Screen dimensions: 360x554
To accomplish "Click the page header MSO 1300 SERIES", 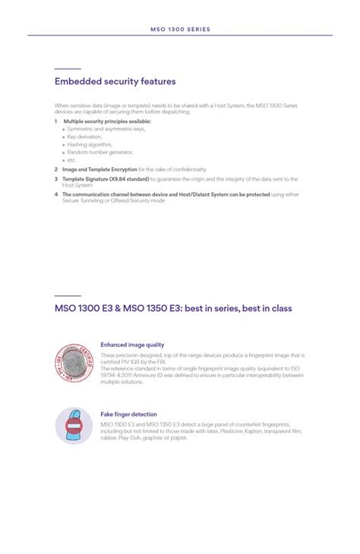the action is click(180, 30).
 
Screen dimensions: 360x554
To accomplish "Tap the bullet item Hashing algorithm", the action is click(90, 144).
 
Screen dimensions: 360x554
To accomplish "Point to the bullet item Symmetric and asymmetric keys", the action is click(106, 129).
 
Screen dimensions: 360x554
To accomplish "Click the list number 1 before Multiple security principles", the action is click(55, 121).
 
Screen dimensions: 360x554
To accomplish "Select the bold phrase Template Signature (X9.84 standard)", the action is click(106, 178).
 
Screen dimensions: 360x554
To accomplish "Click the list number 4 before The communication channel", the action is click(55, 194).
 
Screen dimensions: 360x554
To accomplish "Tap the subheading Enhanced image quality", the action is click(132, 345).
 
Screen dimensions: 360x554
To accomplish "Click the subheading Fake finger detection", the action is click(128, 414).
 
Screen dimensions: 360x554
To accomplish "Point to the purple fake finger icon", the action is click(73, 427).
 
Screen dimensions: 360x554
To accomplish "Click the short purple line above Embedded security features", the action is click(68, 69).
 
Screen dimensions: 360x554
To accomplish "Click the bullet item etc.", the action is click(72, 160).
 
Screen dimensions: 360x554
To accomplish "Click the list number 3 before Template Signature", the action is click(55, 178).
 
